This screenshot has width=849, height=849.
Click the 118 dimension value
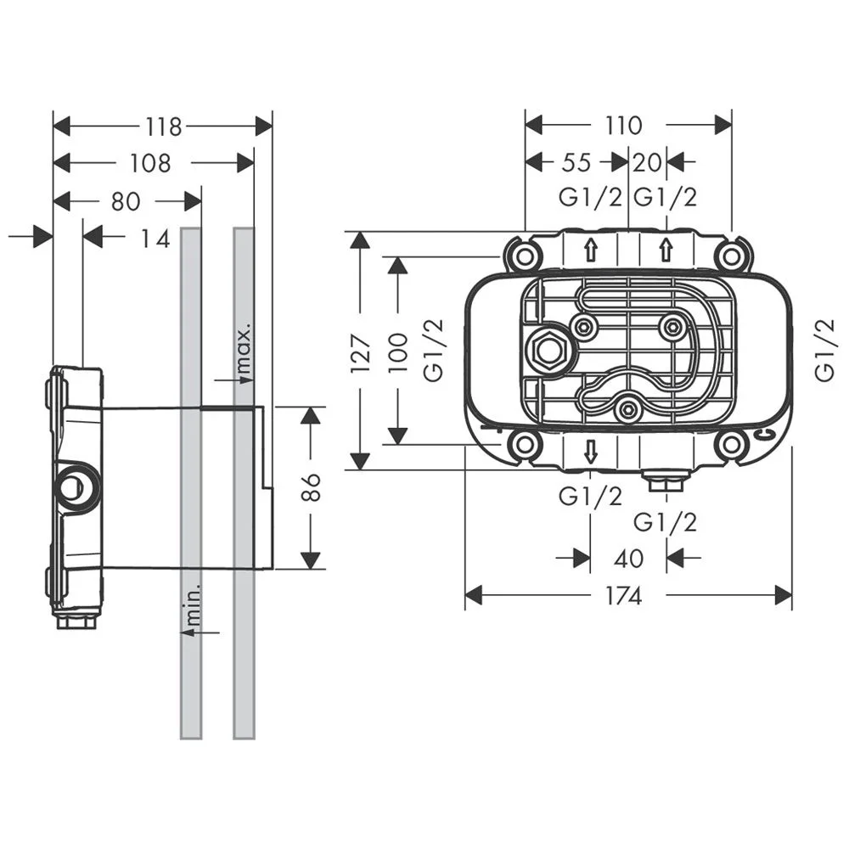(164, 127)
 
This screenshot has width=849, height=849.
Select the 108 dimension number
(151, 163)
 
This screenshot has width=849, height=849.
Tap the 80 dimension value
(125, 201)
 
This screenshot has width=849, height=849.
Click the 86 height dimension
(312, 488)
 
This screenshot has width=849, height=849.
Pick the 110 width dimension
(624, 126)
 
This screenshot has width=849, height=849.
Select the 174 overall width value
(624, 596)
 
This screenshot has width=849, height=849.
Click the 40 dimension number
(627, 559)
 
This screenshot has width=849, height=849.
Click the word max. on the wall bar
(245, 349)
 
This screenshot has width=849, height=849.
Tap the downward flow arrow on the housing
(591, 453)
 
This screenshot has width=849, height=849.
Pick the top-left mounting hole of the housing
(521, 253)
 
